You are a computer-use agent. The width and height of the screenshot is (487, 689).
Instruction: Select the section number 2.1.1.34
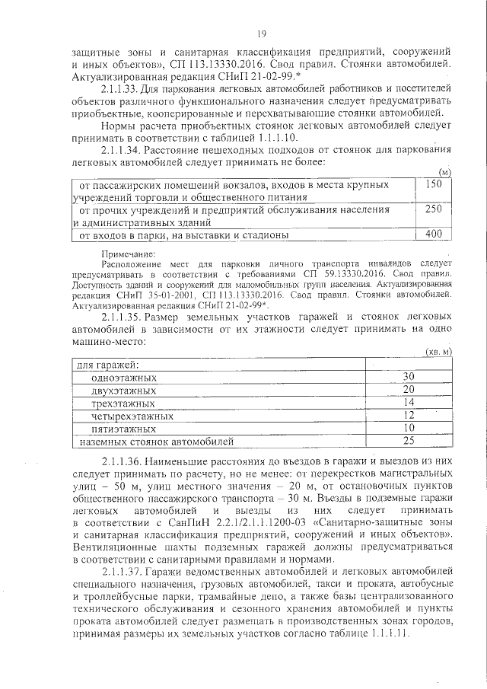[x=124, y=149]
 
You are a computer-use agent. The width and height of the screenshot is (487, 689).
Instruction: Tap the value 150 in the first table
[x=433, y=183]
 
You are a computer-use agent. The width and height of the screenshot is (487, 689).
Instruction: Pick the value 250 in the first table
[x=433, y=209]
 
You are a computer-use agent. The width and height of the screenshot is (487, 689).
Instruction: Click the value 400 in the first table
[x=433, y=234]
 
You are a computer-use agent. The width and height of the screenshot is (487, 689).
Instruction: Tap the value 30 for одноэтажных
[x=409, y=377]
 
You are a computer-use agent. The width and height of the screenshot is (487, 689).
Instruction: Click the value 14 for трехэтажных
[x=409, y=403]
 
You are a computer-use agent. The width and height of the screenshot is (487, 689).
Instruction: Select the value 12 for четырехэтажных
[x=409, y=415]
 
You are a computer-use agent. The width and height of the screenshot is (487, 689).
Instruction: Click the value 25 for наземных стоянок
[x=409, y=441]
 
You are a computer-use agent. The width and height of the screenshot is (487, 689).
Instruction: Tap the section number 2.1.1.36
[x=124, y=461]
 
